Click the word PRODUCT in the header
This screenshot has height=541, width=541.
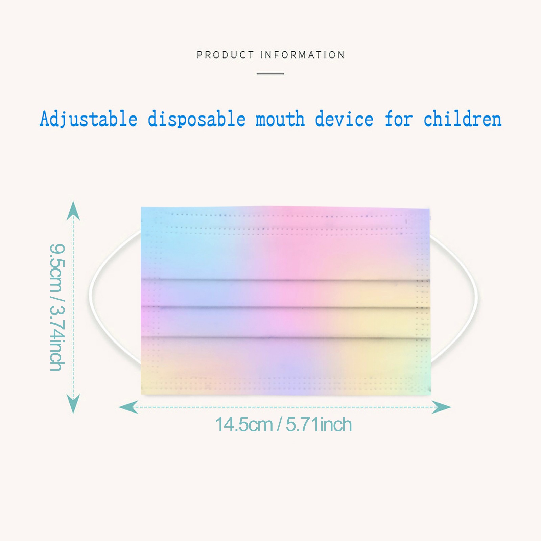pos(225,55)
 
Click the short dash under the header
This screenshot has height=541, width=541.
pos(270,73)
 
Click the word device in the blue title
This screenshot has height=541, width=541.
pos(344,119)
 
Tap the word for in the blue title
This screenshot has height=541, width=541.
pos(399,119)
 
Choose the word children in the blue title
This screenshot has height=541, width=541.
pos(463,119)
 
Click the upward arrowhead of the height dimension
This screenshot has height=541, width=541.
pos(73,210)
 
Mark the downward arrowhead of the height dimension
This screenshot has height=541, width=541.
pos(73,404)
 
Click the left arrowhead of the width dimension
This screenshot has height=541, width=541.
pos(128,407)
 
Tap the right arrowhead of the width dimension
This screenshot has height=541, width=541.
pos(441,407)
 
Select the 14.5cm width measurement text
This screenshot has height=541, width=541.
pos(244,424)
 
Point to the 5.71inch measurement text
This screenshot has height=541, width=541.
pos(319,424)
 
